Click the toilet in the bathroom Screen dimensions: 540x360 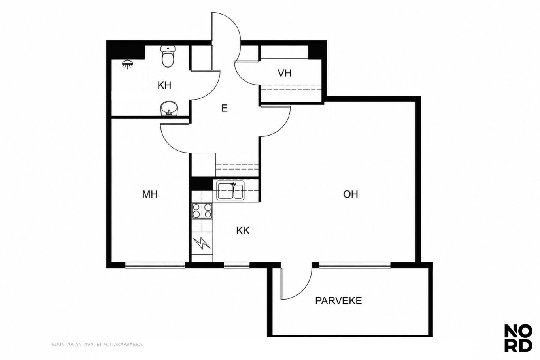coord(167,57)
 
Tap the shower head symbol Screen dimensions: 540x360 coord(128,64)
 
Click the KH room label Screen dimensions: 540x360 coord(164,85)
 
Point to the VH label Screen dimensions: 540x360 coord(285,73)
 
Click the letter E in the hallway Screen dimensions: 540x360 coord(225,108)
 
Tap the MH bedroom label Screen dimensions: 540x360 coord(150,194)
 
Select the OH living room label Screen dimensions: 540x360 coord(351,194)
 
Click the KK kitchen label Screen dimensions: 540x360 coord(243,231)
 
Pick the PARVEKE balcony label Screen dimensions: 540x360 coord(338,301)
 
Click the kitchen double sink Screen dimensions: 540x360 coord(230,191)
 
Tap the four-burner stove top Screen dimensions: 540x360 coord(202,211)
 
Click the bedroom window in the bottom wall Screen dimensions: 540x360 coord(155,265)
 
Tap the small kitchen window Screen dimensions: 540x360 coord(237,265)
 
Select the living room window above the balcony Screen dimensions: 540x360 coord(355,265)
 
